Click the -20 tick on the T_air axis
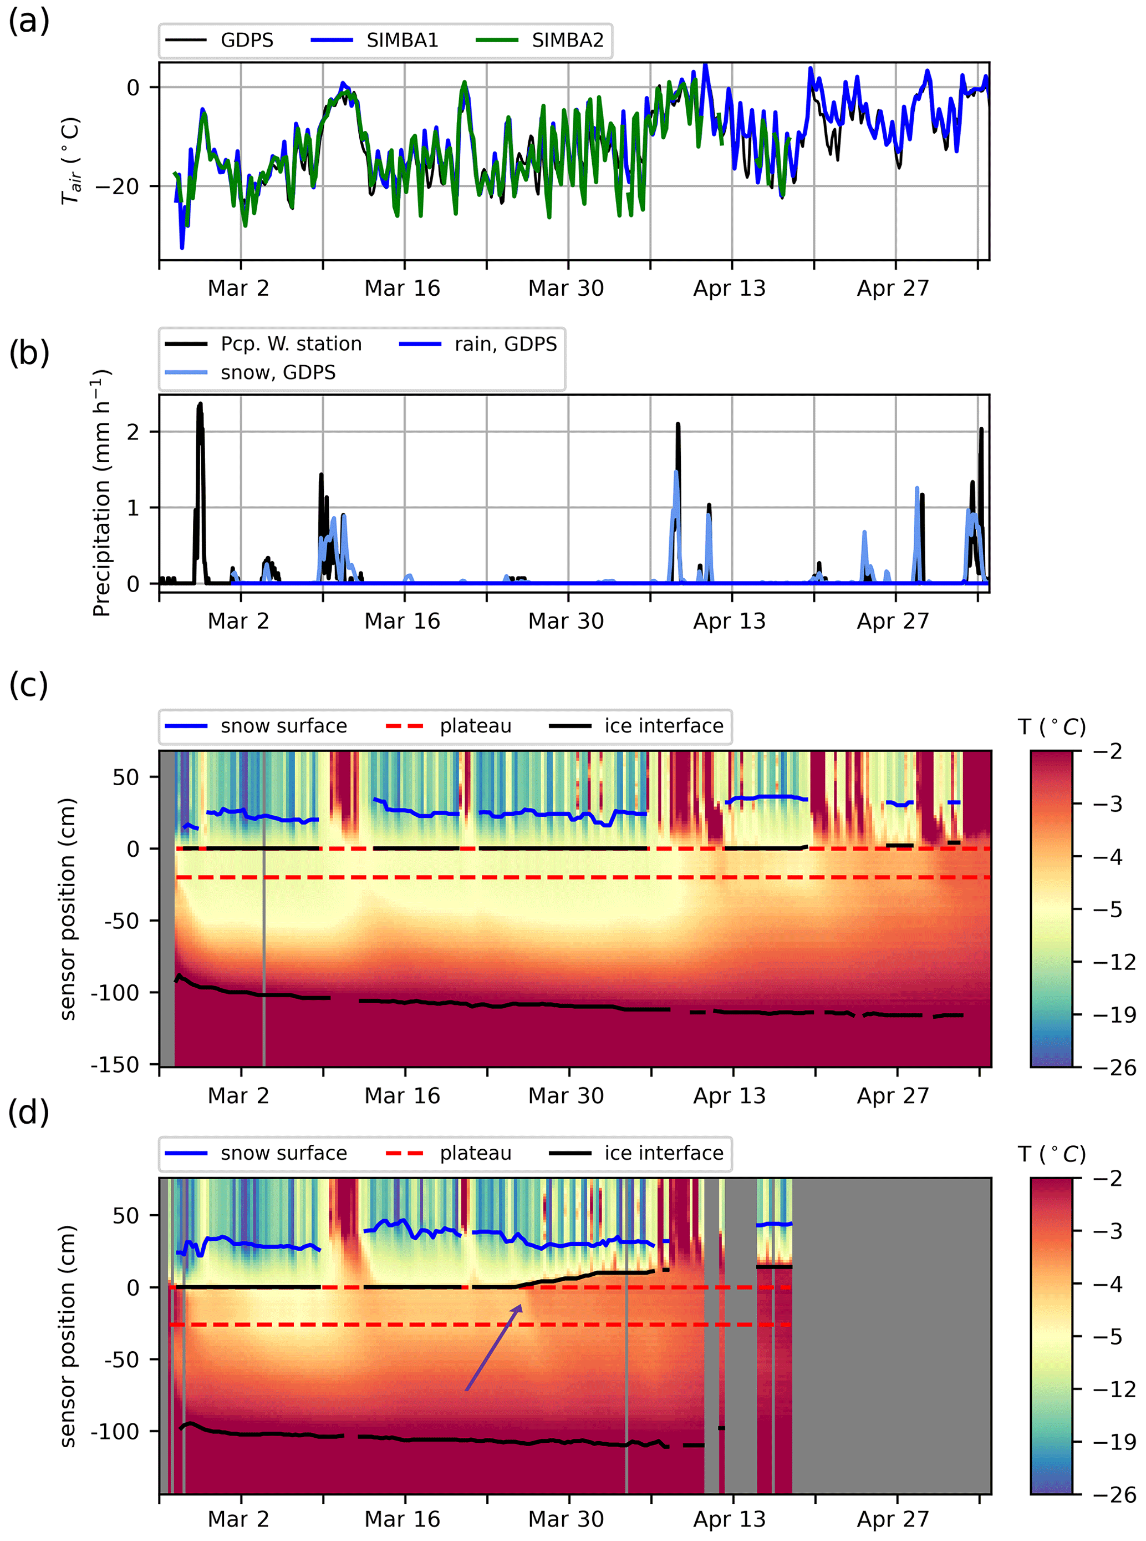(x=116, y=186)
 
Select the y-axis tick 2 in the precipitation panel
(x=133, y=432)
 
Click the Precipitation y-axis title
(x=101, y=493)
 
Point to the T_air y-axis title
(x=71, y=161)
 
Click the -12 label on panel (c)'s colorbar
(x=1115, y=962)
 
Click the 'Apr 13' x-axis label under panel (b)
(x=729, y=622)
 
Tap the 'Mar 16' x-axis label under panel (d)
(x=403, y=1519)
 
